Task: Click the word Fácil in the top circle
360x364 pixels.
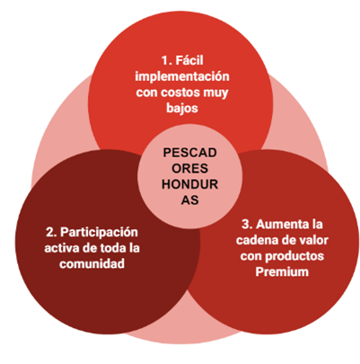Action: (189, 60)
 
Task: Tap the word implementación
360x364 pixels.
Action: (182, 76)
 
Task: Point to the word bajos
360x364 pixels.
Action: (182, 108)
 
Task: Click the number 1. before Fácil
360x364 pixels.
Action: (166, 60)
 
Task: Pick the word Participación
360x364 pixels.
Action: (100, 233)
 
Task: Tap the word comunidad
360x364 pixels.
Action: (92, 263)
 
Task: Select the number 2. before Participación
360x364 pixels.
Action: (51, 233)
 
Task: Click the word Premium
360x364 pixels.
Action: (282, 271)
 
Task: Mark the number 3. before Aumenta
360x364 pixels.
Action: (247, 224)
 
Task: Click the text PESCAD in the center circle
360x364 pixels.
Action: (189, 153)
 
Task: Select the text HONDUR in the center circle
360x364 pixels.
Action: (189, 184)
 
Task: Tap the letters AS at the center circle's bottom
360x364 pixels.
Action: (189, 200)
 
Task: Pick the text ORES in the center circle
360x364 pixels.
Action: (189, 169)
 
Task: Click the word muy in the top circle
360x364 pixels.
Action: (215, 93)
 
